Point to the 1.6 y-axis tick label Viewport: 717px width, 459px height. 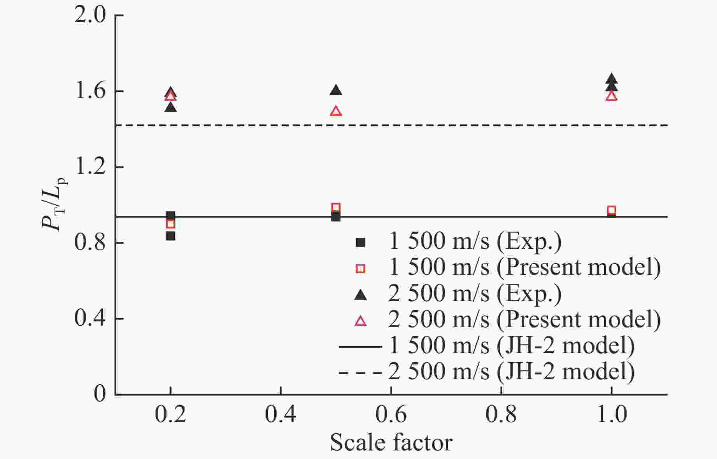pos(89,92)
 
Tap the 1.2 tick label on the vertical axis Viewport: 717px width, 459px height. pos(89,168)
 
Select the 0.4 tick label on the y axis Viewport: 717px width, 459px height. pos(89,319)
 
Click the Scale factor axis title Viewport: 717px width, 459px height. pos(391,443)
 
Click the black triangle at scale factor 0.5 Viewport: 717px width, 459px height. pos(336,91)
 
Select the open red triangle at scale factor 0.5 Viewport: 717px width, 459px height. pos(336,112)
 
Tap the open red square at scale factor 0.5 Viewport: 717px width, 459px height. pos(336,208)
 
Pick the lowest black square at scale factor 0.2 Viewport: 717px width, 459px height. pos(170,236)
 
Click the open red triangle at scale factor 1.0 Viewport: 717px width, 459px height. pos(611,96)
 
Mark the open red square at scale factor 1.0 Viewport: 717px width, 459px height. pos(611,210)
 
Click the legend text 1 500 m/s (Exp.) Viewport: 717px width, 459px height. pos(475,241)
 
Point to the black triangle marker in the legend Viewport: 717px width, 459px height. pos(361,295)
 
